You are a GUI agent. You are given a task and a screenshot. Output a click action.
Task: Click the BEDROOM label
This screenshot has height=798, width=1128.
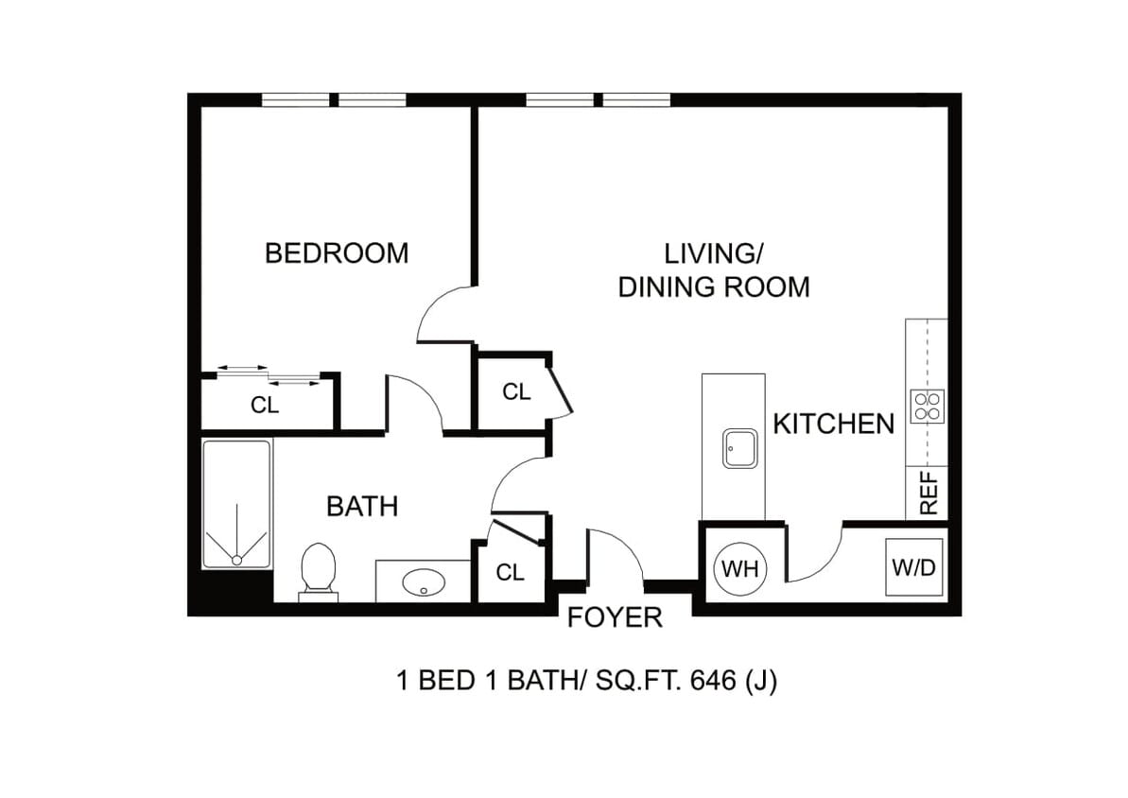click(337, 253)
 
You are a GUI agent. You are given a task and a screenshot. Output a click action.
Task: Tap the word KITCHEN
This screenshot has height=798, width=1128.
click(834, 425)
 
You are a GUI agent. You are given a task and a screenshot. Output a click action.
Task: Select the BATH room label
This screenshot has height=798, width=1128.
click(362, 507)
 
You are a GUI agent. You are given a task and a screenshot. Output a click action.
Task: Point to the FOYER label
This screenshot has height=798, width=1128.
click(616, 617)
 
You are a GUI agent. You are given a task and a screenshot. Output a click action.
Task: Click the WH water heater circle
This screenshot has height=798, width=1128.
click(740, 569)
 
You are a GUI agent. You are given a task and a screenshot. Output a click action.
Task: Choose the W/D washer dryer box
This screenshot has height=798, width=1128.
click(913, 567)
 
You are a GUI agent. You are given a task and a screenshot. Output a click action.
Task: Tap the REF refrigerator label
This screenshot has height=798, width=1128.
click(929, 493)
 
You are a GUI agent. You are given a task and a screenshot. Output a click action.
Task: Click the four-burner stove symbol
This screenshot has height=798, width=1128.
click(927, 407)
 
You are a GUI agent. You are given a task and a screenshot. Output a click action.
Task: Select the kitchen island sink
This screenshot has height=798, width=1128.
click(739, 449)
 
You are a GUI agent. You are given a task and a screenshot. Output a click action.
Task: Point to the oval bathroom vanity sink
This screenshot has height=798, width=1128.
click(424, 582)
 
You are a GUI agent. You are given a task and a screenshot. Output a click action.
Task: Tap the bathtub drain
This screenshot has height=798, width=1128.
click(236, 560)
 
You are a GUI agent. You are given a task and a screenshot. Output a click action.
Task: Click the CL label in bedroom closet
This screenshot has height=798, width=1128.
click(265, 406)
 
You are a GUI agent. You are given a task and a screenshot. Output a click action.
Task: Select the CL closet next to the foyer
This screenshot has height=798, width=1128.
click(510, 573)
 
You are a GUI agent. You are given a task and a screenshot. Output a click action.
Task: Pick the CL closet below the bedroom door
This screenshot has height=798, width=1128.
click(516, 392)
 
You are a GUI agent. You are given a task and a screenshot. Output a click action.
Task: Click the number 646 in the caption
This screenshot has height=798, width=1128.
click(713, 680)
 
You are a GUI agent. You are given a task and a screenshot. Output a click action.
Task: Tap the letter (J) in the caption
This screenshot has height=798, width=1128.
click(762, 681)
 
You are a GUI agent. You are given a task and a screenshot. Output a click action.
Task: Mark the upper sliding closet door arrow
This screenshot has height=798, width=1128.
click(242, 368)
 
